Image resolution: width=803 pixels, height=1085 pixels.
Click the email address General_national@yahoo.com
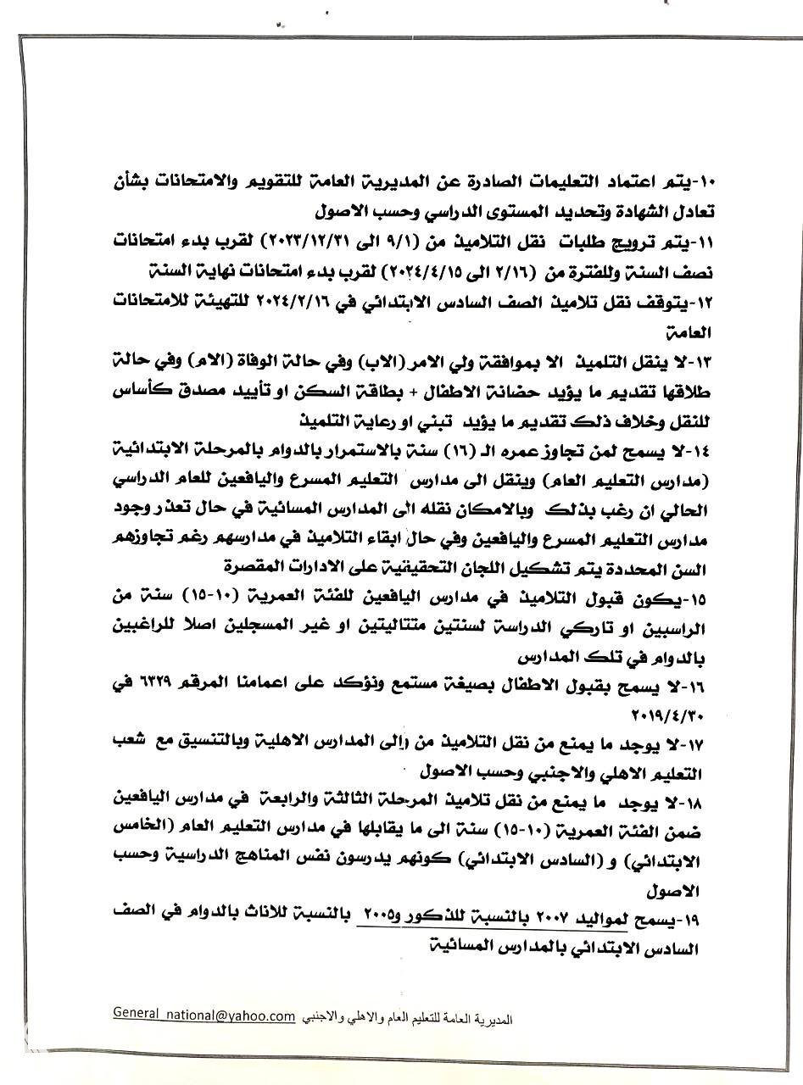click(204, 1015)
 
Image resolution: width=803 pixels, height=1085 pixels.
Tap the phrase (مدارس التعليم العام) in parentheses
click(641, 480)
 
